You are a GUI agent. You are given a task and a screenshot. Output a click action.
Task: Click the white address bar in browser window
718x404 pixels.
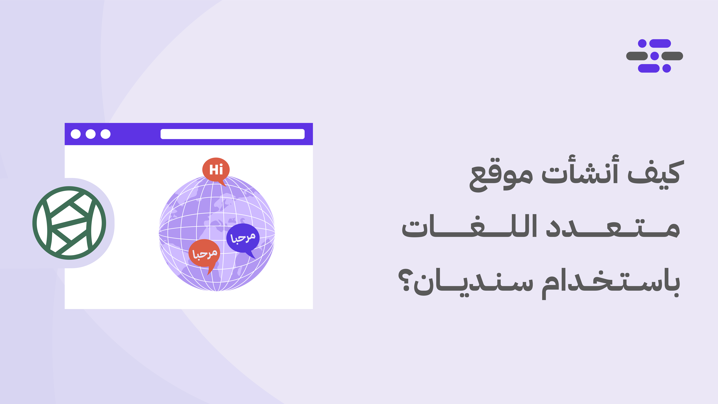(x=232, y=134)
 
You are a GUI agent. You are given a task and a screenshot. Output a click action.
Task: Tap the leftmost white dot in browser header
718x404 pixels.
(x=76, y=134)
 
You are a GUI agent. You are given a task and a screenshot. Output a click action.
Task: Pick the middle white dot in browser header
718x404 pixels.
(x=91, y=134)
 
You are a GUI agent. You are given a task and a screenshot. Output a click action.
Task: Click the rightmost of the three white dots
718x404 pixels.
(x=105, y=134)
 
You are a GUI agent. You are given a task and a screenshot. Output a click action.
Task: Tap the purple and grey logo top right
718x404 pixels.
(x=654, y=56)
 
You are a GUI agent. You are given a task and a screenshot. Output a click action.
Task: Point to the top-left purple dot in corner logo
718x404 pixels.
(x=642, y=43)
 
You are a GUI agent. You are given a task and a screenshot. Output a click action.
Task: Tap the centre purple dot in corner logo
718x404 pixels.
(x=654, y=56)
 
